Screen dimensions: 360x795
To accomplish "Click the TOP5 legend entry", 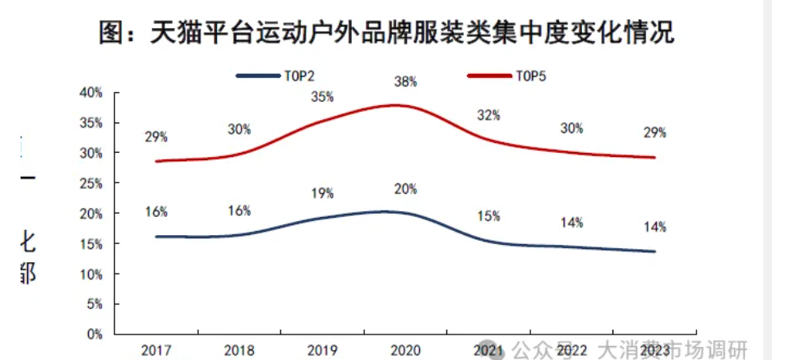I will pyautogui.click(x=508, y=76).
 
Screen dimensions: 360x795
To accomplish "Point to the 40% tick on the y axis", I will pyautogui.click(x=91, y=93).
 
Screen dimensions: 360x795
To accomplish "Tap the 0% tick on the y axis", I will pyautogui.click(x=95, y=335).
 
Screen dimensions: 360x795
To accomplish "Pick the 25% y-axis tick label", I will pyautogui.click(x=91, y=183).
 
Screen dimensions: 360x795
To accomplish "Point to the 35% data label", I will pyautogui.click(x=322, y=97).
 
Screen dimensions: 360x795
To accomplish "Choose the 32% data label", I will pyautogui.click(x=488, y=116).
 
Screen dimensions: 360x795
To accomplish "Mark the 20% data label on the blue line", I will pyautogui.click(x=405, y=189).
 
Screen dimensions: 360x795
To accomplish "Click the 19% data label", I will pyautogui.click(x=322, y=194).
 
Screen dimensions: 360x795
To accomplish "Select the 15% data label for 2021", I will pyautogui.click(x=488, y=216).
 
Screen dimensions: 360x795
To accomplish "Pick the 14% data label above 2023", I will pyautogui.click(x=654, y=227).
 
